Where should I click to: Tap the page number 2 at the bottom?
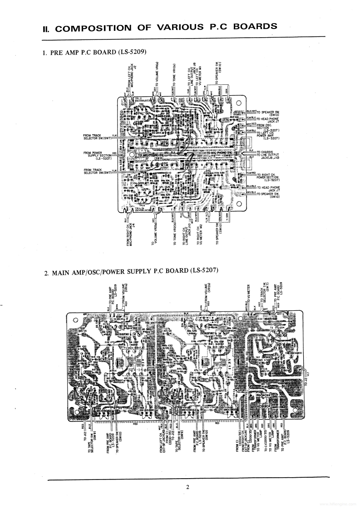click(187, 488)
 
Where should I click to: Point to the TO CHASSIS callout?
click(267, 152)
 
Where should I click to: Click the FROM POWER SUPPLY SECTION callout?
click(98, 155)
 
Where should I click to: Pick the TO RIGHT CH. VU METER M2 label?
click(198, 234)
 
